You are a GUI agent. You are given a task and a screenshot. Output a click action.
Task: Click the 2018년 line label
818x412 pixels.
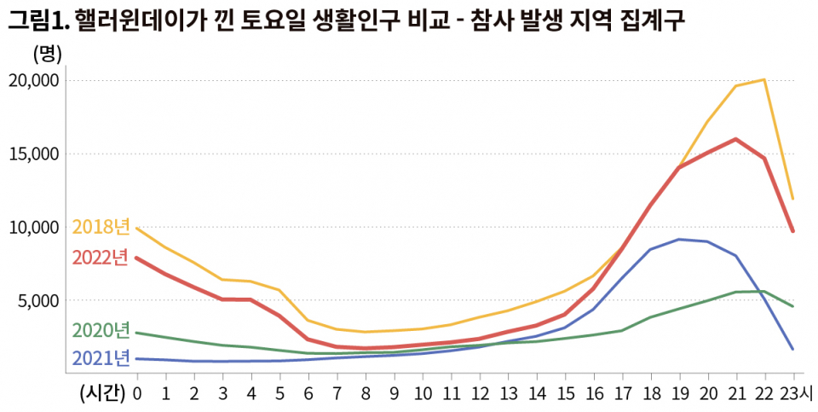pos(101,227)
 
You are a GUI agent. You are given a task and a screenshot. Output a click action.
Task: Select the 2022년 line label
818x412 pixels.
pos(101,257)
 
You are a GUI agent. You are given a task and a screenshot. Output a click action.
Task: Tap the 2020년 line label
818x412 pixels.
pos(101,330)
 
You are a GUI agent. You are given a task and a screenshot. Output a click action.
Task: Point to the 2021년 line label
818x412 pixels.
pos(101,357)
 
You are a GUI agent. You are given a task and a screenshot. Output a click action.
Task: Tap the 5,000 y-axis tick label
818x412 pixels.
pos(37,300)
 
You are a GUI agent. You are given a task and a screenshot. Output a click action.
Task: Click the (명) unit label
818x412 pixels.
pos(47,54)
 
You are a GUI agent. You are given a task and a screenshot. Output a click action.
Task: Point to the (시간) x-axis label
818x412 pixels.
pos(101,393)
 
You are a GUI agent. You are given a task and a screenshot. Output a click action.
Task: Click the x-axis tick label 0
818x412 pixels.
pos(136,393)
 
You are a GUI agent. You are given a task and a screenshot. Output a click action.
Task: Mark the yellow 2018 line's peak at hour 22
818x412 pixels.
pos(764,79)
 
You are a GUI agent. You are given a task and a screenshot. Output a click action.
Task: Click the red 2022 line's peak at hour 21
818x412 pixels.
pos(735,138)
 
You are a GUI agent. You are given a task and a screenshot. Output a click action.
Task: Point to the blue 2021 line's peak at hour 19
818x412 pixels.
pos(678,239)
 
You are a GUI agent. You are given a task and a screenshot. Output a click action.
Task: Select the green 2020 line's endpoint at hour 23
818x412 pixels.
pos(793,306)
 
